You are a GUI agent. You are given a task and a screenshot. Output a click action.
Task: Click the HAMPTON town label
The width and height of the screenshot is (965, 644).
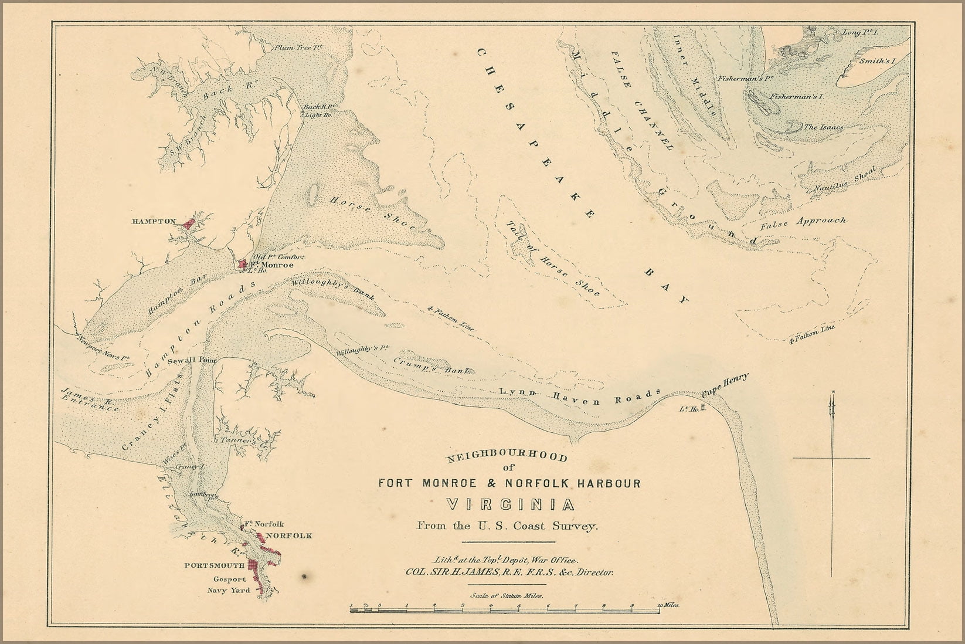coord(153,222)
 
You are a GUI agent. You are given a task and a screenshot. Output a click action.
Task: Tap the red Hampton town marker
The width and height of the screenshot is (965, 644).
coord(188,223)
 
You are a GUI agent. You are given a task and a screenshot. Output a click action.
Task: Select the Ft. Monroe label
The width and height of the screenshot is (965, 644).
coord(269,265)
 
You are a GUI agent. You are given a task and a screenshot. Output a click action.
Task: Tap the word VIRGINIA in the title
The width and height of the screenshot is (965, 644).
coord(508,505)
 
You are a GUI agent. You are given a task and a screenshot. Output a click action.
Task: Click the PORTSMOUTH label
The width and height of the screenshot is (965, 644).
coord(209,565)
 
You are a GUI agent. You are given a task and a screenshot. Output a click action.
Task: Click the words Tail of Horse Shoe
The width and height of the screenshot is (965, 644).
coord(554,258)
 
